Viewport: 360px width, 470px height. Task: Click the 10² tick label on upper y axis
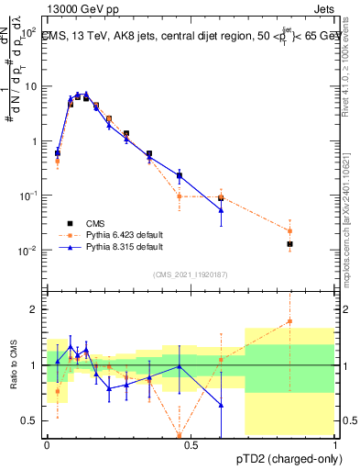pos(29,31)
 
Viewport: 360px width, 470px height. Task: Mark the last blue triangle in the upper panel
pos(221,210)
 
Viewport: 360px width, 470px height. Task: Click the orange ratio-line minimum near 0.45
pos(180,435)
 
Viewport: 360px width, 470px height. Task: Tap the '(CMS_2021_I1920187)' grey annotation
pos(190,274)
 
